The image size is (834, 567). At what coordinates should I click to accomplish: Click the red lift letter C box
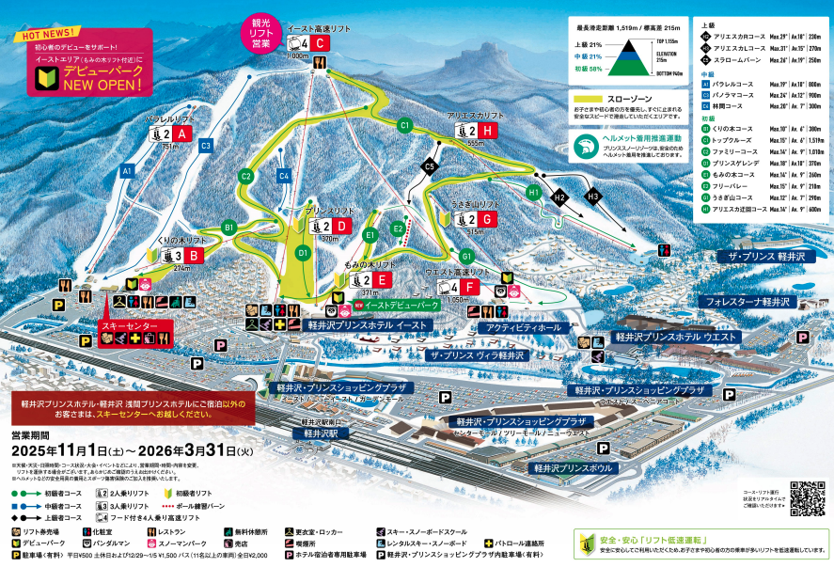coord(321,43)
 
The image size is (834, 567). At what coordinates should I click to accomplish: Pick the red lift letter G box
coord(487,218)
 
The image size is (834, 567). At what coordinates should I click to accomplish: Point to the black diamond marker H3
coord(593,197)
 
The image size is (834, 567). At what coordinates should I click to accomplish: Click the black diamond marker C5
coord(430,166)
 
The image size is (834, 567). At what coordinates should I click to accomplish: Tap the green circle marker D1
coord(303,252)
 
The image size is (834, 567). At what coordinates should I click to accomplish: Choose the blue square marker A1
coord(127,172)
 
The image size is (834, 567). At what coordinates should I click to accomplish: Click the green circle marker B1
coord(228,228)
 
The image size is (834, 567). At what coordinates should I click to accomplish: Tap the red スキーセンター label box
coord(136,325)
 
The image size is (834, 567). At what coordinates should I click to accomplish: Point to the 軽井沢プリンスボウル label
coord(574,466)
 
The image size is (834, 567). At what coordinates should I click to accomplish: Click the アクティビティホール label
coord(524,327)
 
